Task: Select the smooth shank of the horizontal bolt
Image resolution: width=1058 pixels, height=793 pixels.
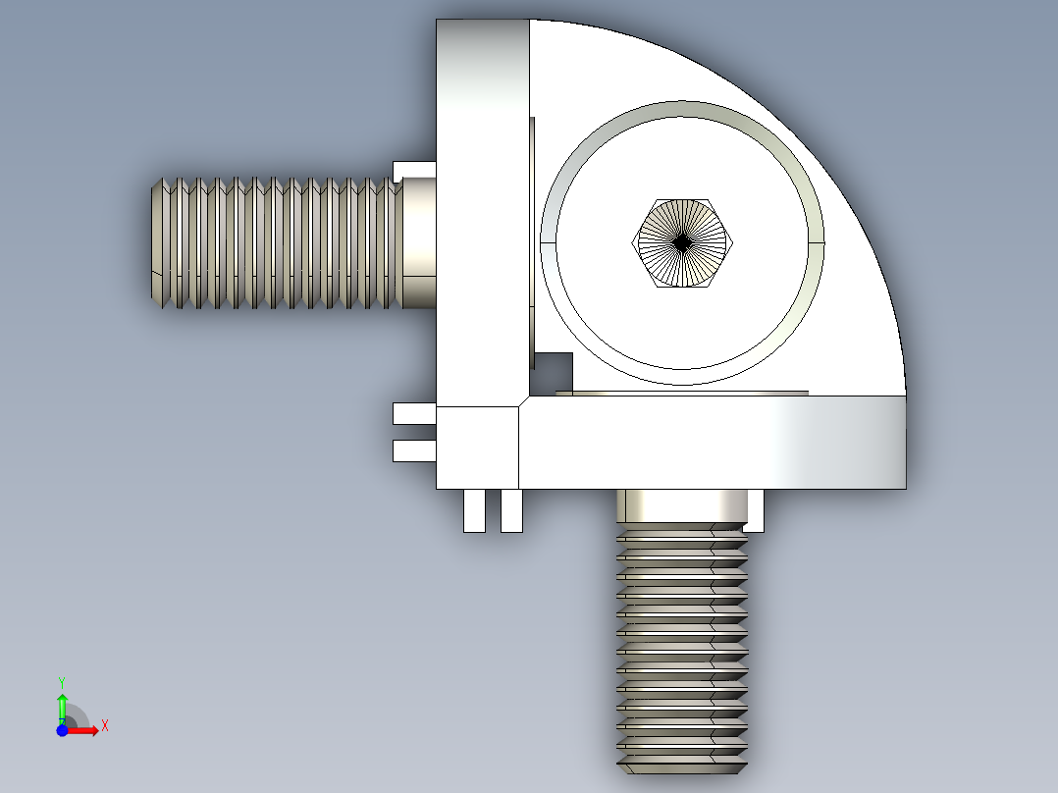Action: click(418, 242)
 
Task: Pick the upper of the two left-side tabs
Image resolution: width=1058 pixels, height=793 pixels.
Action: click(412, 413)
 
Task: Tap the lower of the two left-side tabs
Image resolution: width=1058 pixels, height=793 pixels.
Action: click(412, 450)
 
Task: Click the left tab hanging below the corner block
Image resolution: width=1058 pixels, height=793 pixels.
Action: click(474, 510)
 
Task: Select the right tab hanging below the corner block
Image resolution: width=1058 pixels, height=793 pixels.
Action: click(511, 510)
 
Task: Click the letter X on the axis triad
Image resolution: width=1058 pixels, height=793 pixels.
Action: click(105, 726)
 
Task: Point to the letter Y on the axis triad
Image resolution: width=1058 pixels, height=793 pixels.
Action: click(61, 681)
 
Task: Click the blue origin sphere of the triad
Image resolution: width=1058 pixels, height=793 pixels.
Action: click(62, 730)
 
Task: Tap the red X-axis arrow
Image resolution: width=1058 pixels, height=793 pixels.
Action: click(86, 730)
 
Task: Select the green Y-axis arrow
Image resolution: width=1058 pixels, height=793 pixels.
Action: click(62, 705)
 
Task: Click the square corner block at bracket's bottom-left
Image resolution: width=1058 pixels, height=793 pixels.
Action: click(477, 448)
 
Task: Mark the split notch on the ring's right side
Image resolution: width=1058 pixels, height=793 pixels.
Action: click(820, 241)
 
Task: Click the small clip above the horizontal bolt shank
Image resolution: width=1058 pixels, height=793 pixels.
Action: click(412, 170)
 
